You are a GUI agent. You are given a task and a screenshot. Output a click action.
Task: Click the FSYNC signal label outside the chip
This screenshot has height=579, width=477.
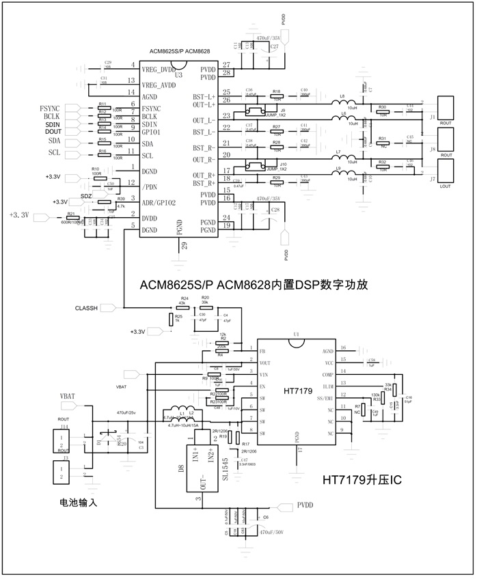(51, 109)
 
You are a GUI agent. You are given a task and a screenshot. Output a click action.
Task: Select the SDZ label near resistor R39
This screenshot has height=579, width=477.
(86, 196)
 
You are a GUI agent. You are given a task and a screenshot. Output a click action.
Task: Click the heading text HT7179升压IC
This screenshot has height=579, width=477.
(362, 481)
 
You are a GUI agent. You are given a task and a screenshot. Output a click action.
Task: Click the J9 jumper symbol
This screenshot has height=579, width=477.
(257, 112)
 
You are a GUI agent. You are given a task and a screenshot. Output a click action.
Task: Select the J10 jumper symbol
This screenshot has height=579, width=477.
(257, 166)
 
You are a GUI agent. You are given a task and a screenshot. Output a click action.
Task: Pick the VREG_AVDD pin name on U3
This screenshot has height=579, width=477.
(159, 85)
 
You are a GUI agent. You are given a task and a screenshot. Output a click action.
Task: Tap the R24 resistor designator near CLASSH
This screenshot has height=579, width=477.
(182, 299)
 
